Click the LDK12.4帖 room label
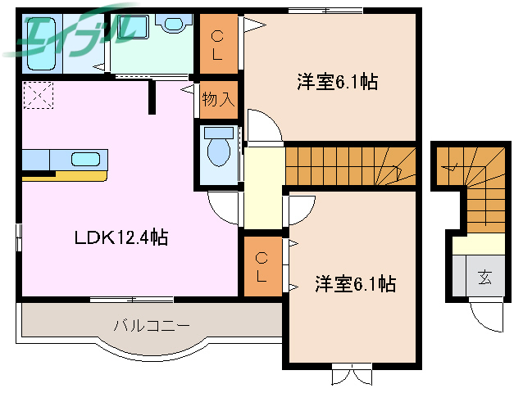click(121, 237)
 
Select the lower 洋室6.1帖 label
click(355, 284)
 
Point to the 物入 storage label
click(218, 100)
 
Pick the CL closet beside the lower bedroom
click(261, 266)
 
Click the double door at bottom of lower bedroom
click(352, 376)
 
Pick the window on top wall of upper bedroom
click(325, 10)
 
